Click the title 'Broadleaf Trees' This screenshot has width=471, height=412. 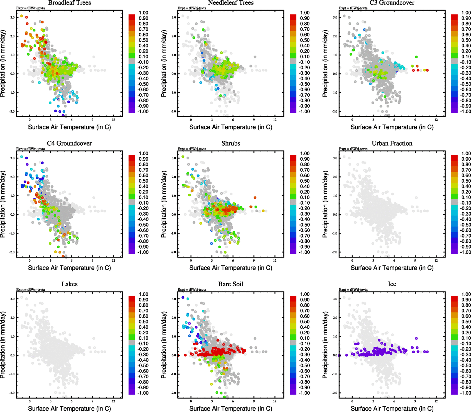click(x=69, y=3)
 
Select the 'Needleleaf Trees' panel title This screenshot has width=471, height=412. click(x=231, y=3)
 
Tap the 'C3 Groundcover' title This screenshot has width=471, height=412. click(x=392, y=3)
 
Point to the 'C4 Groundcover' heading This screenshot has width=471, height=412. click(x=69, y=144)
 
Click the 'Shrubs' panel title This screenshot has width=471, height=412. click(x=231, y=144)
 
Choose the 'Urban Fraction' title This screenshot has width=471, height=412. click(x=392, y=144)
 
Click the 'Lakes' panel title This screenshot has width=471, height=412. click(x=69, y=284)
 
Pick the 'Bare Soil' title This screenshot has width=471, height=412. click(x=231, y=284)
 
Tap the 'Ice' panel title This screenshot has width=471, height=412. click(x=392, y=284)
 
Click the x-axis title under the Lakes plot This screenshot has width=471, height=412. click(x=69, y=409)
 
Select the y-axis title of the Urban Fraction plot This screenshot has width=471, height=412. click(x=325, y=204)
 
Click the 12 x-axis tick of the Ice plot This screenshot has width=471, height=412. click(x=436, y=401)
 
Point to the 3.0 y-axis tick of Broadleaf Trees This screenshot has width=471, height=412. click(x=12, y=18)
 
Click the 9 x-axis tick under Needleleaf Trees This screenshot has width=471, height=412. click(x=254, y=120)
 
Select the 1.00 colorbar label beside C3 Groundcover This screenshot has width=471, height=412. click(x=466, y=13)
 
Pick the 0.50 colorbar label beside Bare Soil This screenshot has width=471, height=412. click(x=305, y=322)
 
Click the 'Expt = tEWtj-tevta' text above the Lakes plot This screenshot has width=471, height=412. click(x=31, y=290)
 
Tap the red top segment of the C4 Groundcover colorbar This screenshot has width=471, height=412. click(x=132, y=158)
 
